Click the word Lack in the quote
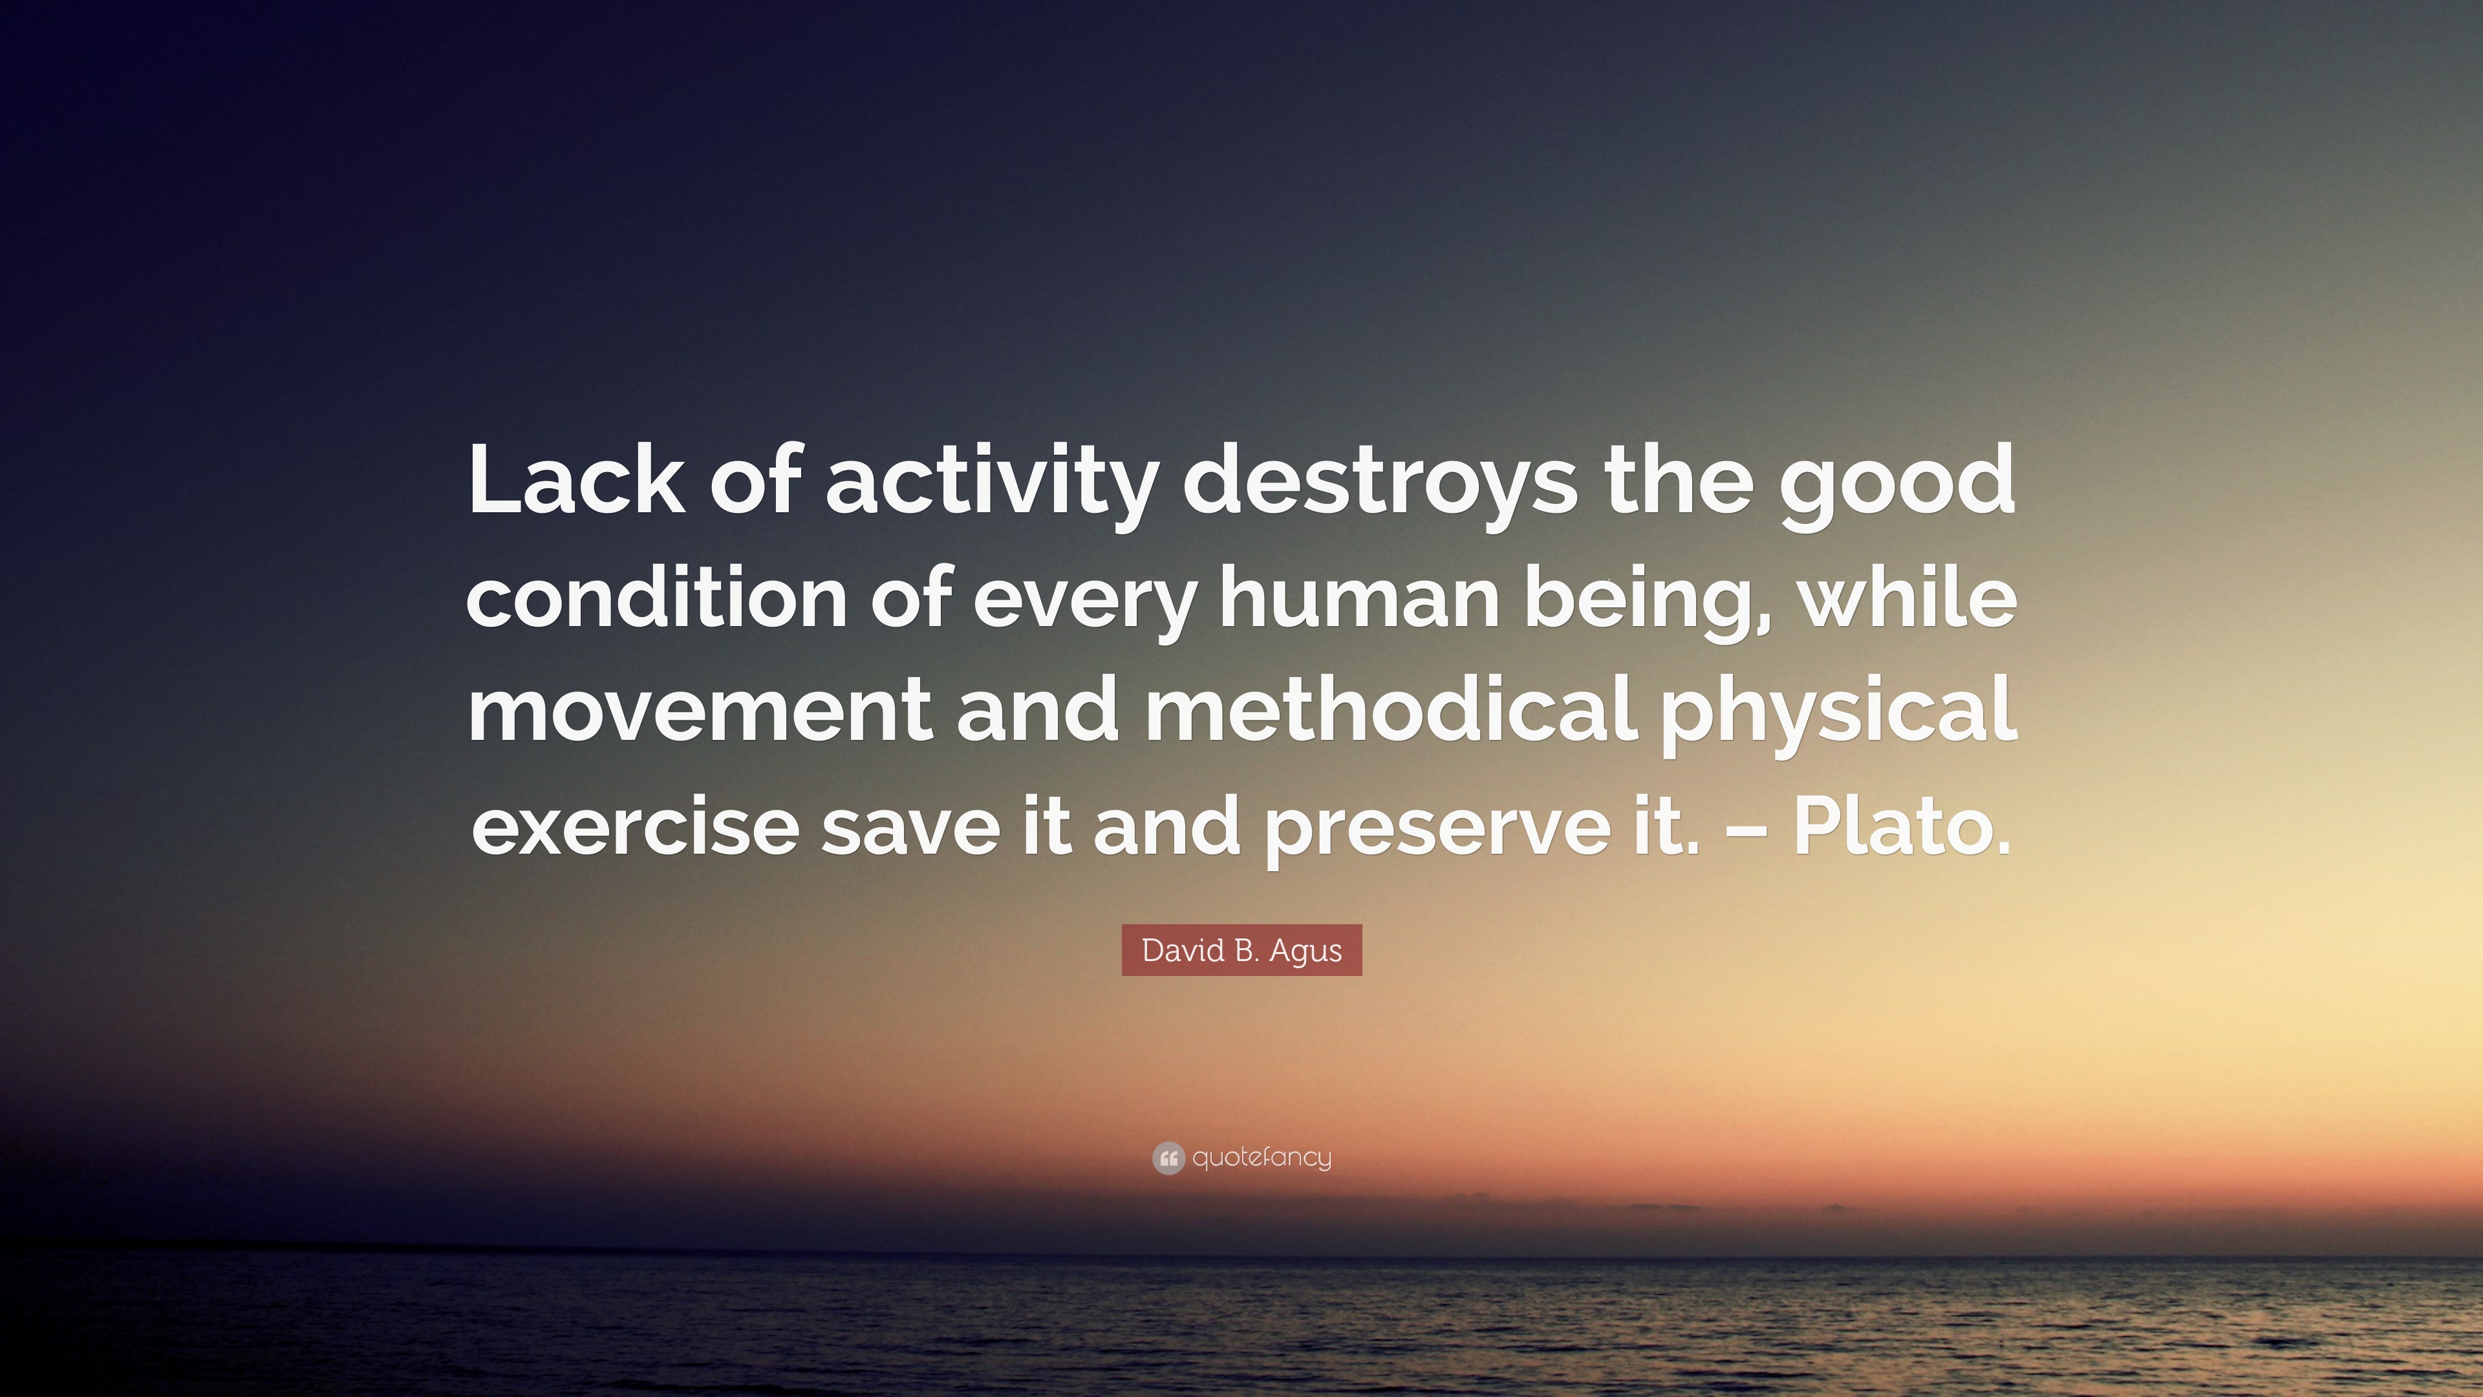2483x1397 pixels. point(576,479)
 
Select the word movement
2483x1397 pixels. point(700,709)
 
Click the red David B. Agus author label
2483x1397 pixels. point(1241,951)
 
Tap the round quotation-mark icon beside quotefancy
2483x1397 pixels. point(1168,1158)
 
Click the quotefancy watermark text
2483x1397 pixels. point(1262,1157)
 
